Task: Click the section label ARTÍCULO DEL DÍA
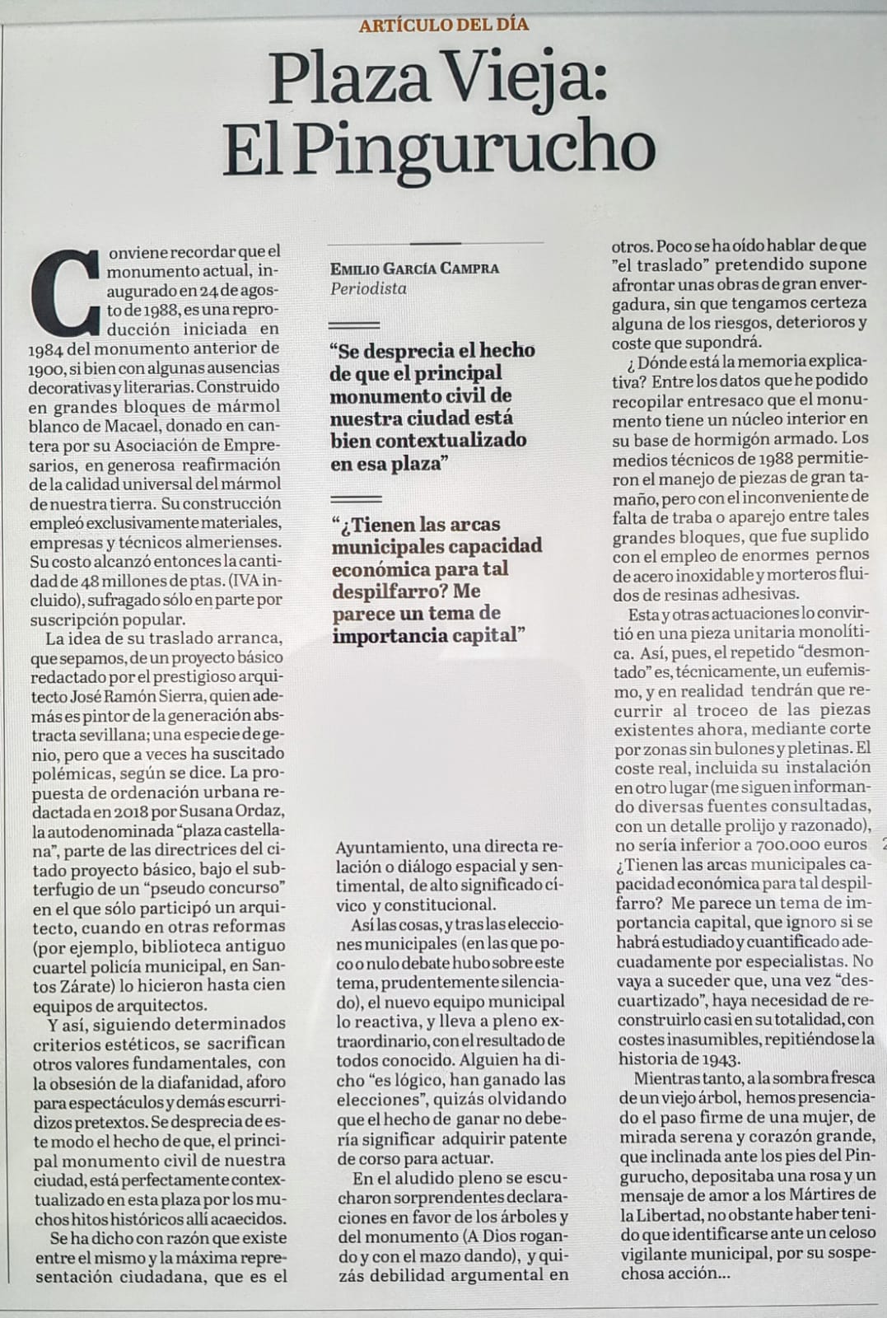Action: tap(443, 25)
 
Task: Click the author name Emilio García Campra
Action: tap(415, 269)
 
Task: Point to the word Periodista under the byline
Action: tap(368, 289)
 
